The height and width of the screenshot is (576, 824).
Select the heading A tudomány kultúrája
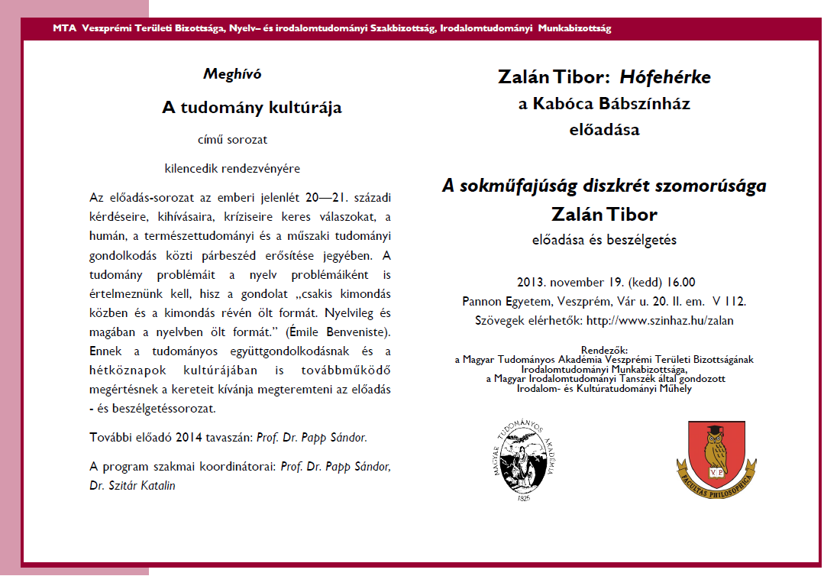[x=252, y=108]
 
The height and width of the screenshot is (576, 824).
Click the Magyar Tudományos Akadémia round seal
[x=522, y=463]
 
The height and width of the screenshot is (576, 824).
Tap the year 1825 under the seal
[x=523, y=498]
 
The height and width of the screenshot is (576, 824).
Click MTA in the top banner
[x=64, y=29]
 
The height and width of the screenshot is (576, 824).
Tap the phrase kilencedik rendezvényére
[x=231, y=167]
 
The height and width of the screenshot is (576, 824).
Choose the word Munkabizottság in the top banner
[x=574, y=29]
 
